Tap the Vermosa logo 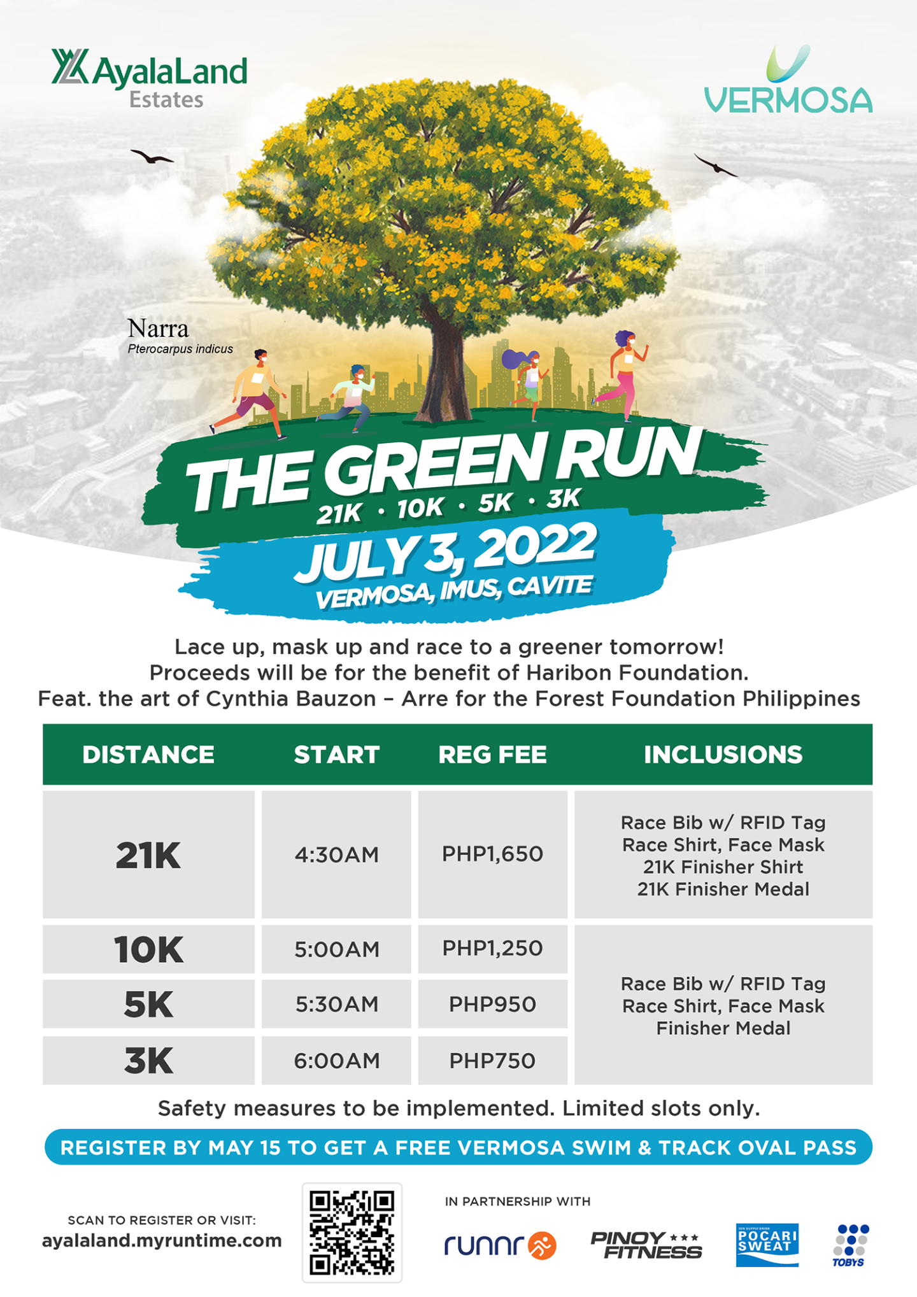[x=788, y=82]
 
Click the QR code [x=352, y=1232]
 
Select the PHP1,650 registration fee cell [x=492, y=854]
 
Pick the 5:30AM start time [x=336, y=1004]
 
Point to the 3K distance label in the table [x=148, y=1061]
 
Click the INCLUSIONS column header [x=723, y=755]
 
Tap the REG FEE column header [x=492, y=755]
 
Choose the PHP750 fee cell [x=492, y=1061]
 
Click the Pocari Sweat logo [x=767, y=1244]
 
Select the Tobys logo [x=851, y=1245]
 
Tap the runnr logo [x=500, y=1245]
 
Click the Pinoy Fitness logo [x=646, y=1245]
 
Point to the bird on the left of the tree [x=151, y=157]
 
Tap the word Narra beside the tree [x=158, y=329]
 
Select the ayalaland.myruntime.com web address [x=162, y=1240]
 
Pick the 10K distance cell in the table [x=148, y=949]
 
